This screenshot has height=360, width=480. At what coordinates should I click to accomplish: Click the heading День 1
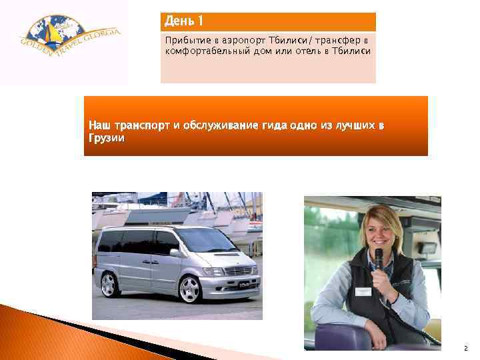(x=184, y=21)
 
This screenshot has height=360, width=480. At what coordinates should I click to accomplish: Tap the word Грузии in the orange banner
(x=106, y=137)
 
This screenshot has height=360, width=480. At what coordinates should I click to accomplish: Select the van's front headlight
(x=213, y=271)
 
